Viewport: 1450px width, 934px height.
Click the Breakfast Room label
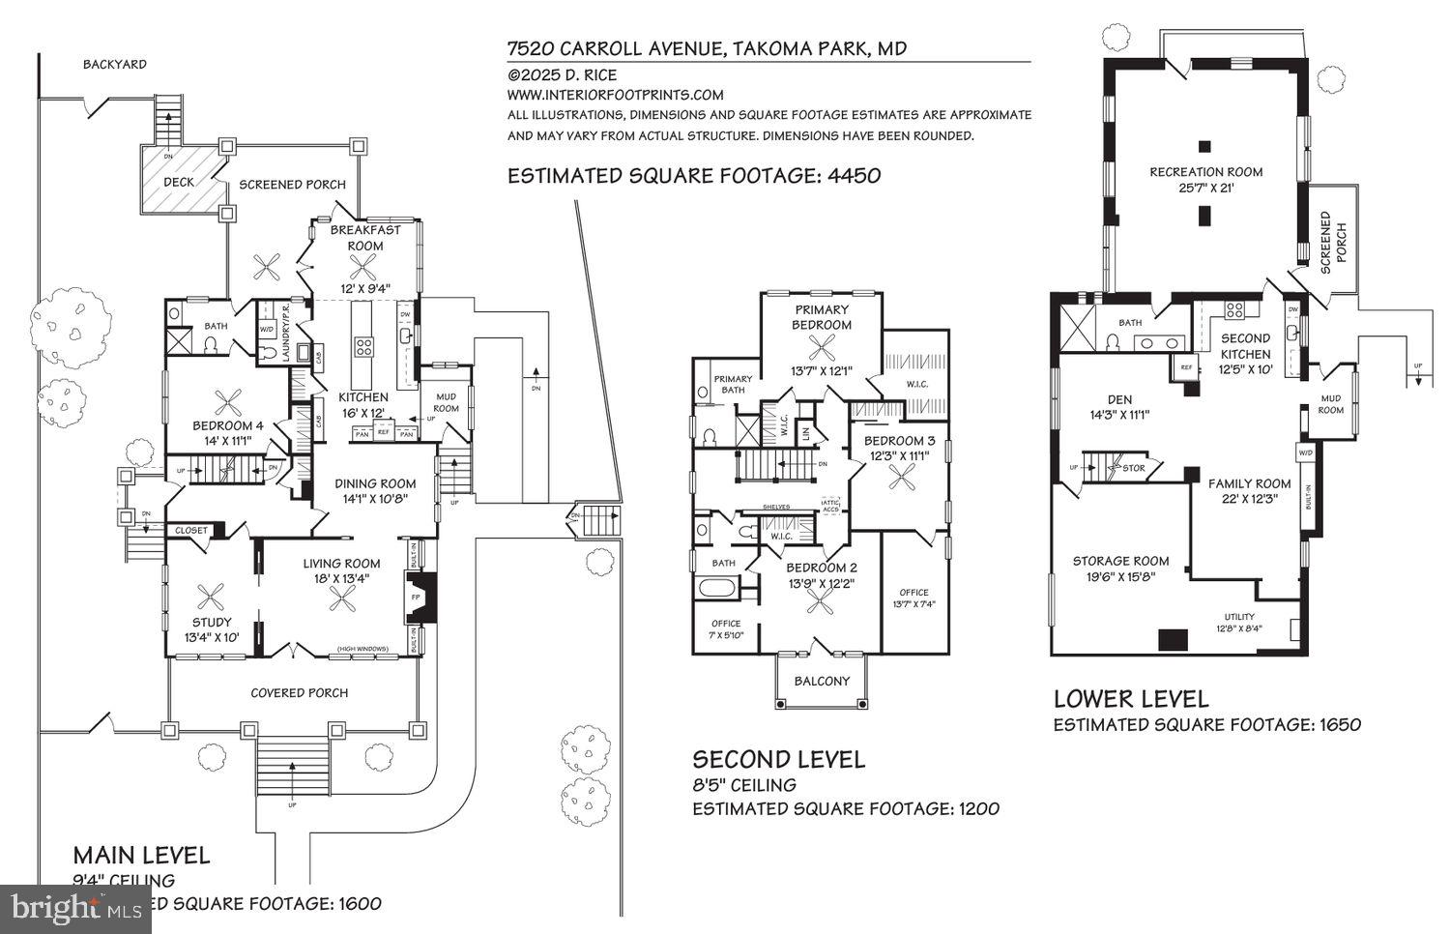coord(365,237)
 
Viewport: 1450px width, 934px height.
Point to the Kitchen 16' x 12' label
coord(362,404)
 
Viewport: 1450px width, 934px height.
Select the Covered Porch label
coord(299,692)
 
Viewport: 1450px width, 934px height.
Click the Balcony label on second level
coord(822,681)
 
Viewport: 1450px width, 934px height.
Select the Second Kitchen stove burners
coord(1234,310)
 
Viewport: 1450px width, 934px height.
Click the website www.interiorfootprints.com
coord(615,95)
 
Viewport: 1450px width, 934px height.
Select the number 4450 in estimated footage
coord(848,175)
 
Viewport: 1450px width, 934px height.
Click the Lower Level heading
coord(1130,698)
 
